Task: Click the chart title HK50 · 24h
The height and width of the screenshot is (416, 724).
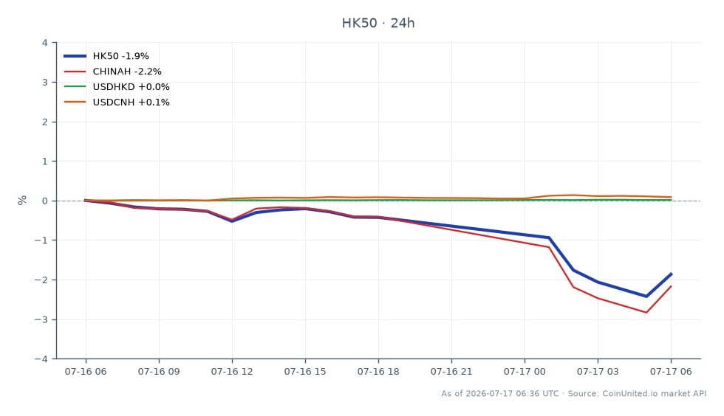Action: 378,23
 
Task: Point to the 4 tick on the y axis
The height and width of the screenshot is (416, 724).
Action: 45,43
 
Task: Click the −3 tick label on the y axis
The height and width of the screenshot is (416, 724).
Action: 41,319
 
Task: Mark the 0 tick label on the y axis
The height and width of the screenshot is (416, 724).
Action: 45,201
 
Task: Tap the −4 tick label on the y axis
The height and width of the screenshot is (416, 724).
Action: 41,358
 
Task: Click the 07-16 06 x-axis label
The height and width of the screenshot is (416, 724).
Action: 86,371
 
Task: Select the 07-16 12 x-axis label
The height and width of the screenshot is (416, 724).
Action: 232,371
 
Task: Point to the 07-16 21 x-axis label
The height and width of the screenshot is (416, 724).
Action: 451,371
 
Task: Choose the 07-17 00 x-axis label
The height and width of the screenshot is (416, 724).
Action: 525,371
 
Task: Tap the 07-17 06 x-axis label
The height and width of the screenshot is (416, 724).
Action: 671,371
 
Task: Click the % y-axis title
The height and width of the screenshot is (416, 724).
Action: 22,200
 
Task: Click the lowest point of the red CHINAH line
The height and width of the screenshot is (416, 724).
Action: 646,313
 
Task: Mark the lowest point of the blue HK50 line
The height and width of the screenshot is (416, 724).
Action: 646,296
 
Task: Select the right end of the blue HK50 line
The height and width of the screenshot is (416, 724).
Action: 671,274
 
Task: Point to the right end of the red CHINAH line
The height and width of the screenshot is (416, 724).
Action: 671,286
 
